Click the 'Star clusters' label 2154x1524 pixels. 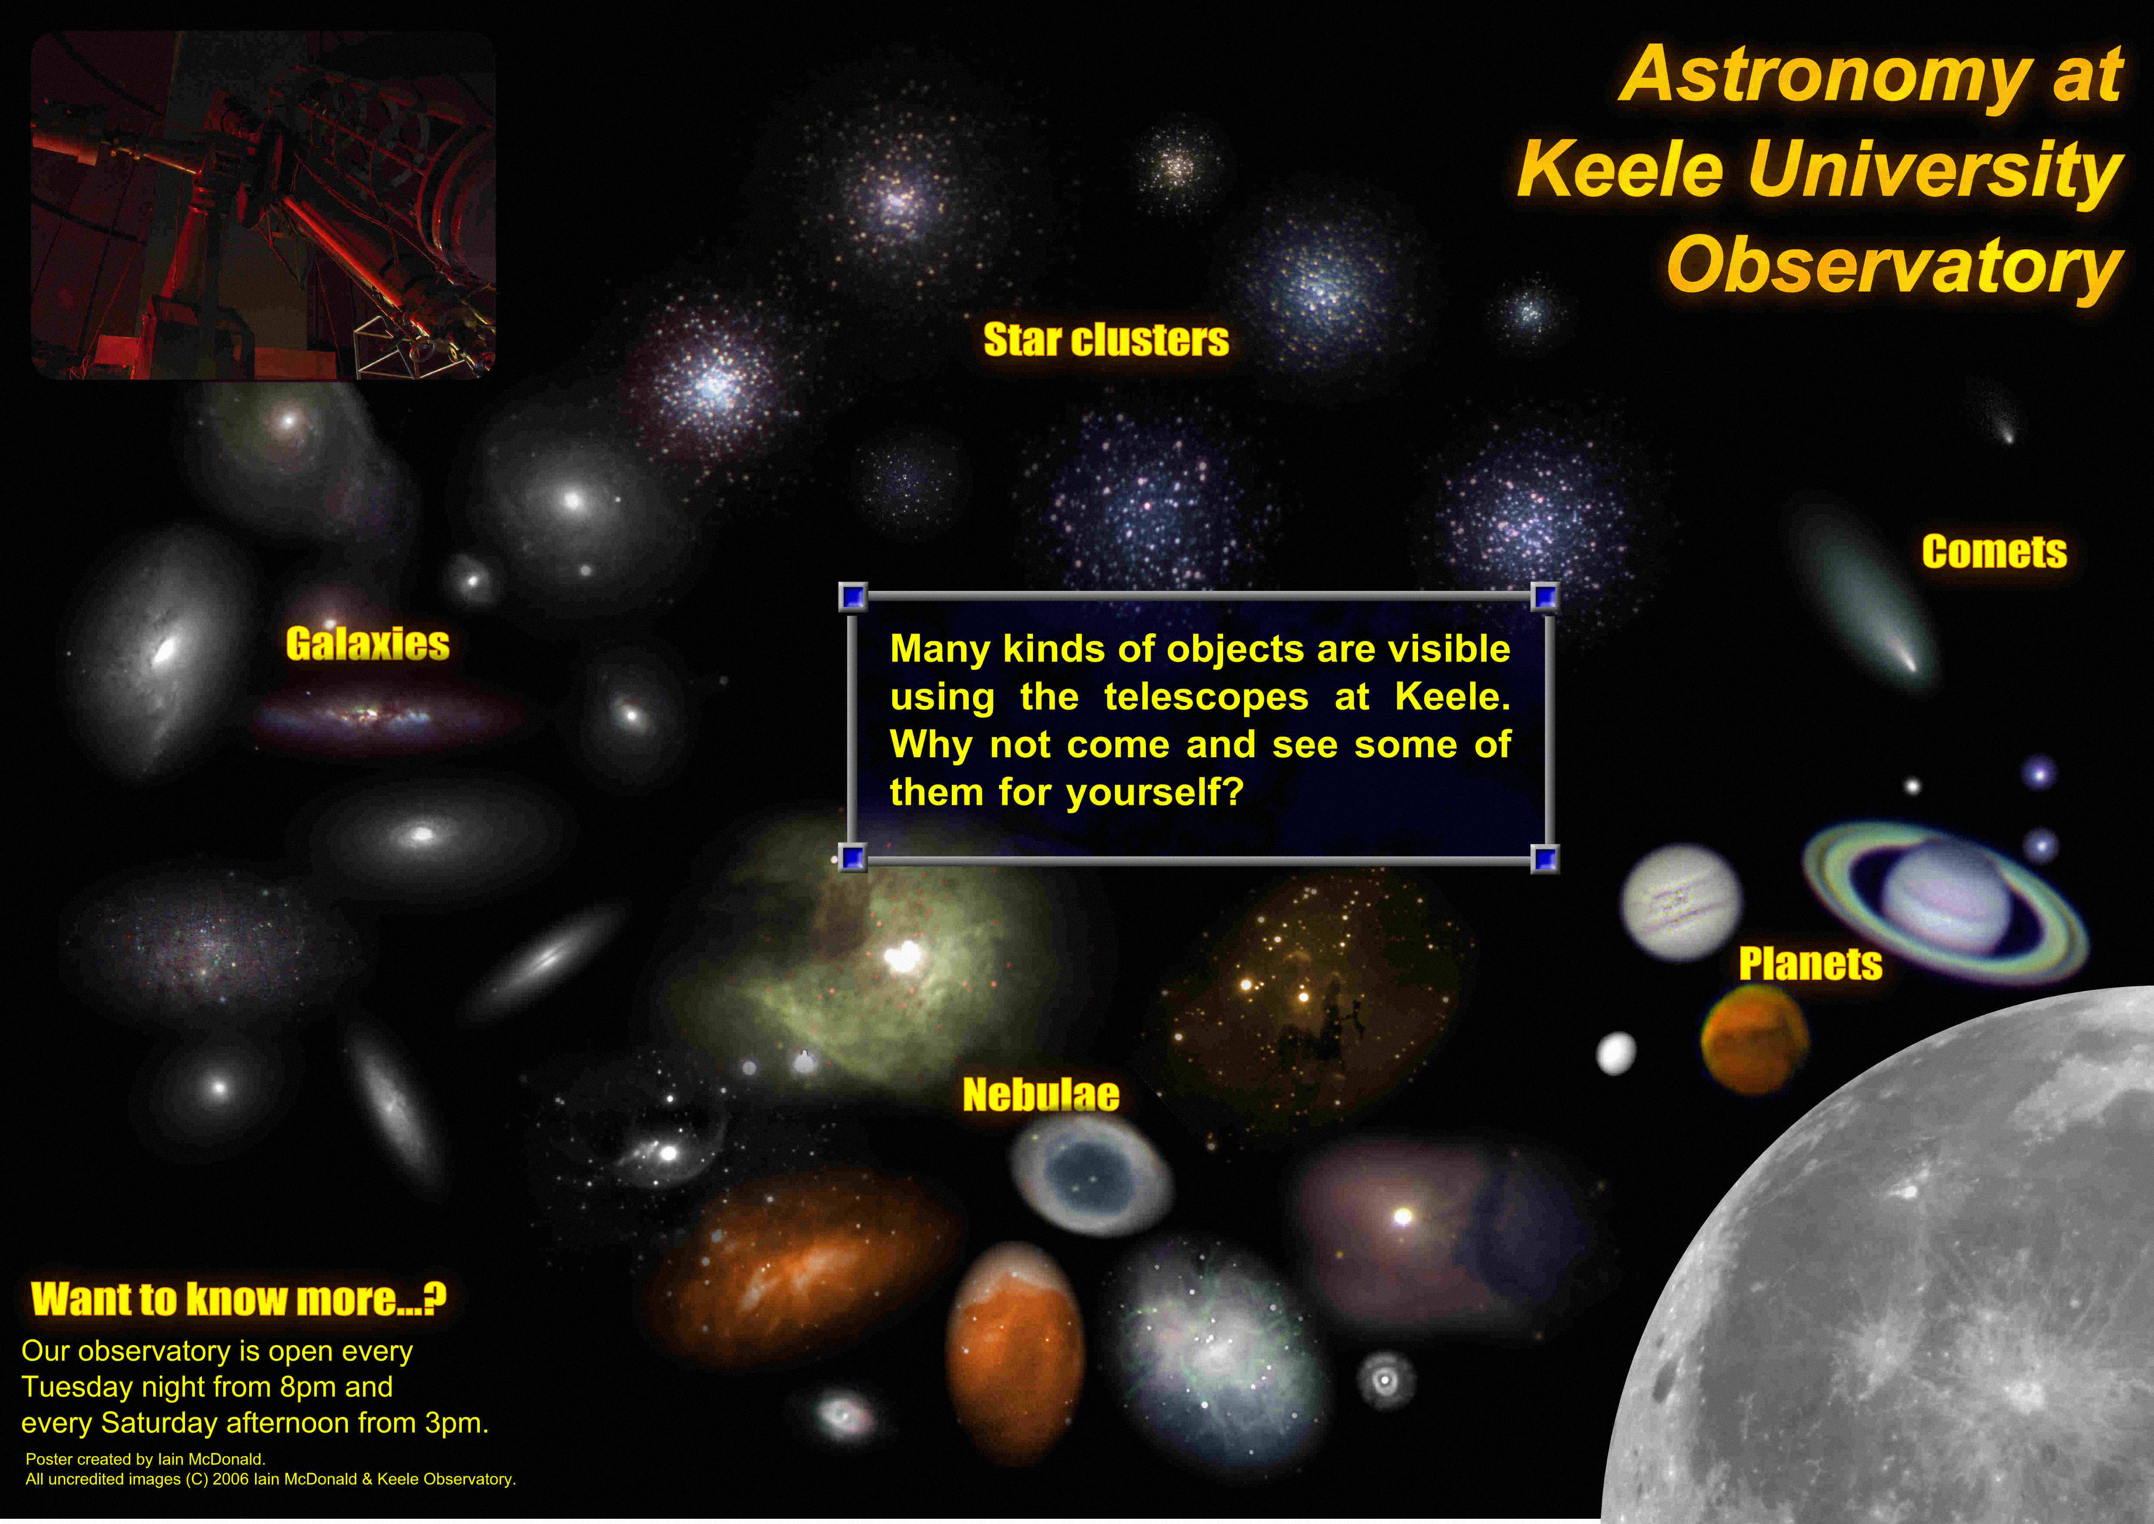[x=1106, y=340]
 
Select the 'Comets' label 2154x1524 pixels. [x=1995, y=552]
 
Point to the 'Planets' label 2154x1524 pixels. [x=1811, y=964]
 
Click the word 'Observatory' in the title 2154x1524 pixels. [x=1895, y=265]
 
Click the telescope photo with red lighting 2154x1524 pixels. [x=263, y=205]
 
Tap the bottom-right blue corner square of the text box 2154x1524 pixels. [x=1544, y=858]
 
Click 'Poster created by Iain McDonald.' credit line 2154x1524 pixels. [x=145, y=1459]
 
